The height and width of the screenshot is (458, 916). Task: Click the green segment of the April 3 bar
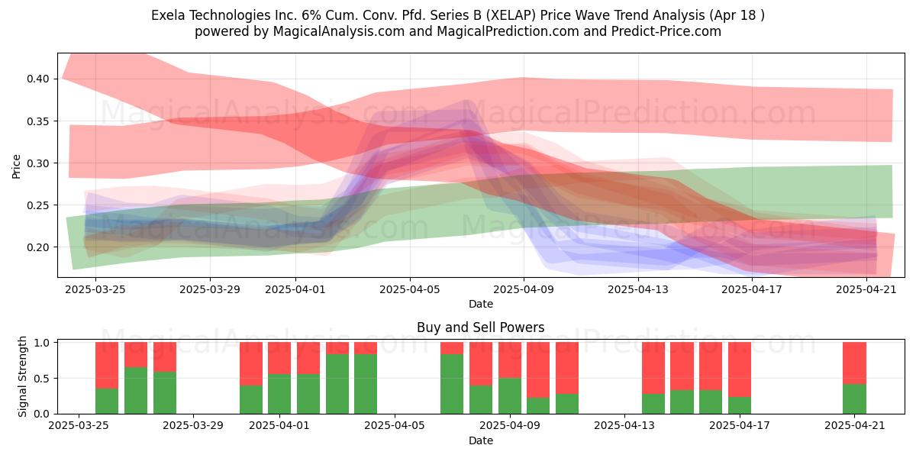click(337, 384)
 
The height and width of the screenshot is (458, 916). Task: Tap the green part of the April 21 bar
click(854, 398)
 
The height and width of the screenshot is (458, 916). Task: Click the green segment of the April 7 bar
click(452, 384)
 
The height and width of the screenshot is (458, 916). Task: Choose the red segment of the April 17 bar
click(740, 369)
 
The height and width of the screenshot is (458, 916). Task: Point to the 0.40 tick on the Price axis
click(38, 79)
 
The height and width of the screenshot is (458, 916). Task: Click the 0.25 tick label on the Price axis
click(38, 205)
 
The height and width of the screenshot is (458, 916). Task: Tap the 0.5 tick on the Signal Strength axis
click(42, 379)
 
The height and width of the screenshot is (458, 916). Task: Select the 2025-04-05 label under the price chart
click(410, 289)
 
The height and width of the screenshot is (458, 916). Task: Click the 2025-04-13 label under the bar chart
click(624, 426)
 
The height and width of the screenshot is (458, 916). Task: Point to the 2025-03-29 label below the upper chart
click(210, 289)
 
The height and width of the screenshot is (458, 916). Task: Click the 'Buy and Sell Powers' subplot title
click(480, 327)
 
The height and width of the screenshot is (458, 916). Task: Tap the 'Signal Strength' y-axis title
click(22, 376)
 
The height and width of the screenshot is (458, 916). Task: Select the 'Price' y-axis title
click(16, 166)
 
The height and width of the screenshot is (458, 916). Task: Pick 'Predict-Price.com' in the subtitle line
click(666, 31)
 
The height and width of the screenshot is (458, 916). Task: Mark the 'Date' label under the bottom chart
click(480, 441)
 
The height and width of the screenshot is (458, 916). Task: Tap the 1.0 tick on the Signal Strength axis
click(42, 343)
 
